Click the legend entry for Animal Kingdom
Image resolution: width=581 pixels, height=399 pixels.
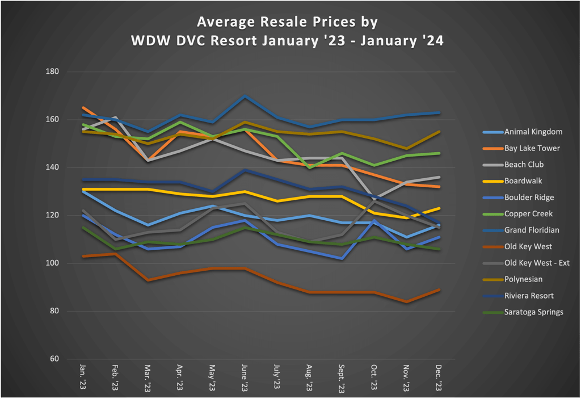coord(533,132)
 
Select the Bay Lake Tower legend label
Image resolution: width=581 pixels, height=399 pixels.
coord(532,148)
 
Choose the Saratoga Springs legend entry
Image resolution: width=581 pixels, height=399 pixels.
coord(533,312)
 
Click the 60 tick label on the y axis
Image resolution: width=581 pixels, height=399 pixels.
coord(55,359)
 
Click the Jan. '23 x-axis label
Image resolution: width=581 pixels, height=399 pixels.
coord(83,378)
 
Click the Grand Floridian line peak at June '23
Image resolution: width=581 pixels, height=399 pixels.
coord(245,96)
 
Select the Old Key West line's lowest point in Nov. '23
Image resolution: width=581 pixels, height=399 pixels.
coord(407,302)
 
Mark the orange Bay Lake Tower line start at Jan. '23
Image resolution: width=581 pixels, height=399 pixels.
coord(83,107)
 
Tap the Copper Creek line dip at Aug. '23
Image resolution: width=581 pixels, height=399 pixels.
coord(310,168)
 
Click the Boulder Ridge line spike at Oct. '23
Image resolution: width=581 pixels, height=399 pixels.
coord(374,220)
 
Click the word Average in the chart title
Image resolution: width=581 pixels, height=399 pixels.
coord(225,22)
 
